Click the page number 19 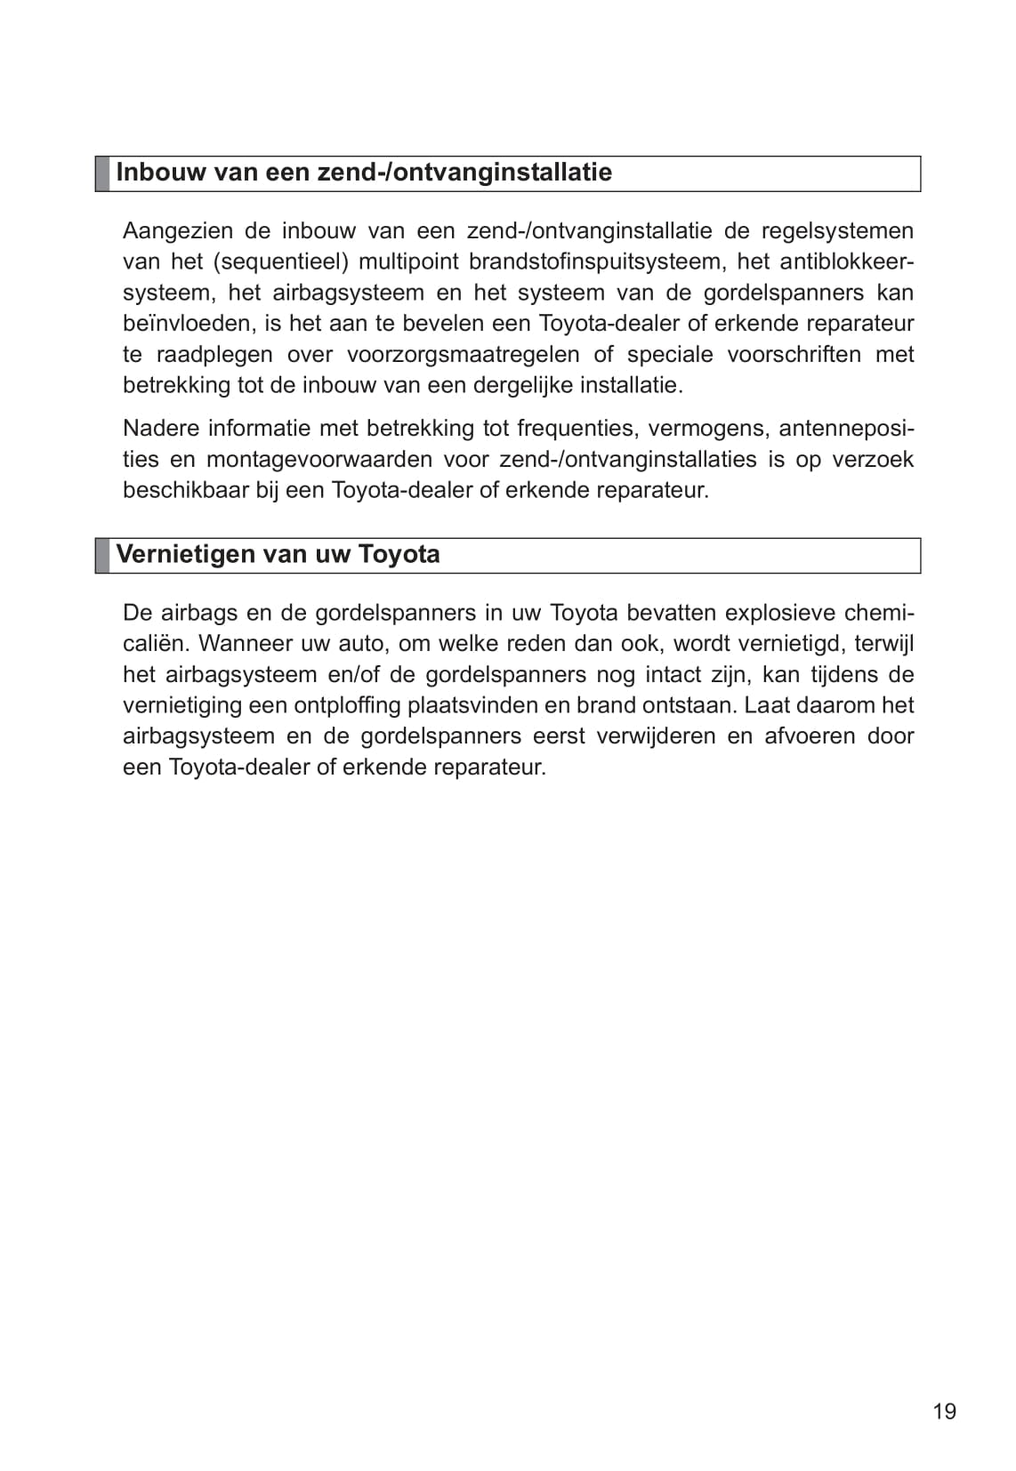945,1411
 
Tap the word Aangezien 177,231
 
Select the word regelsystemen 837,231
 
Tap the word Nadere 159,429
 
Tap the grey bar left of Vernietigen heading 102,555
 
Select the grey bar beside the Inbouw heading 102,173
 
